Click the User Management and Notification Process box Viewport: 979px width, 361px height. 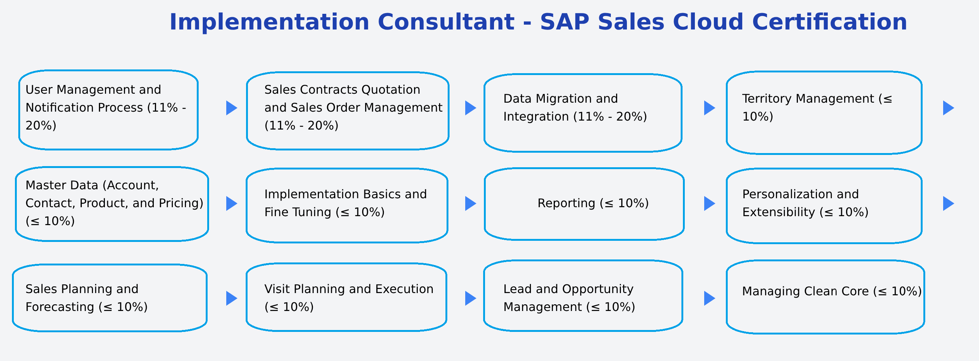click(x=108, y=110)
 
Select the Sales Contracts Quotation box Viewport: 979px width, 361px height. click(x=347, y=111)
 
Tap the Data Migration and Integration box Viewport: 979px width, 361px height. click(x=582, y=113)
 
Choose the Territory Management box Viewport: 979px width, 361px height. click(x=824, y=112)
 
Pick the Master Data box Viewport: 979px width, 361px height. click(x=112, y=204)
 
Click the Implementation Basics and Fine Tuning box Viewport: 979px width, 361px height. click(x=346, y=205)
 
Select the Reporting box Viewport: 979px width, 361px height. click(x=584, y=204)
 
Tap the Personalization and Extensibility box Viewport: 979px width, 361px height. click(x=824, y=206)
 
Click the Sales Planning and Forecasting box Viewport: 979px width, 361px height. click(x=109, y=298)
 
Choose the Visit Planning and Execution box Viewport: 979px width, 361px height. click(x=346, y=297)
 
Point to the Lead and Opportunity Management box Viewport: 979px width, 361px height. click(x=583, y=296)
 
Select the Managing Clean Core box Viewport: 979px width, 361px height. click(x=825, y=297)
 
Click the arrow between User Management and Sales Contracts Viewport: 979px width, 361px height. click(x=231, y=108)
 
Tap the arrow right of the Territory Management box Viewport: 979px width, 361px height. click(x=948, y=108)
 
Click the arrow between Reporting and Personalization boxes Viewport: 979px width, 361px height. click(x=709, y=203)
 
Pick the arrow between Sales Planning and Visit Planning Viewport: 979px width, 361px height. click(x=231, y=298)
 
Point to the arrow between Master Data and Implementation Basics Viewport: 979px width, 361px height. click(x=231, y=203)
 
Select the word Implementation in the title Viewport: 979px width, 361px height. click(x=269, y=22)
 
